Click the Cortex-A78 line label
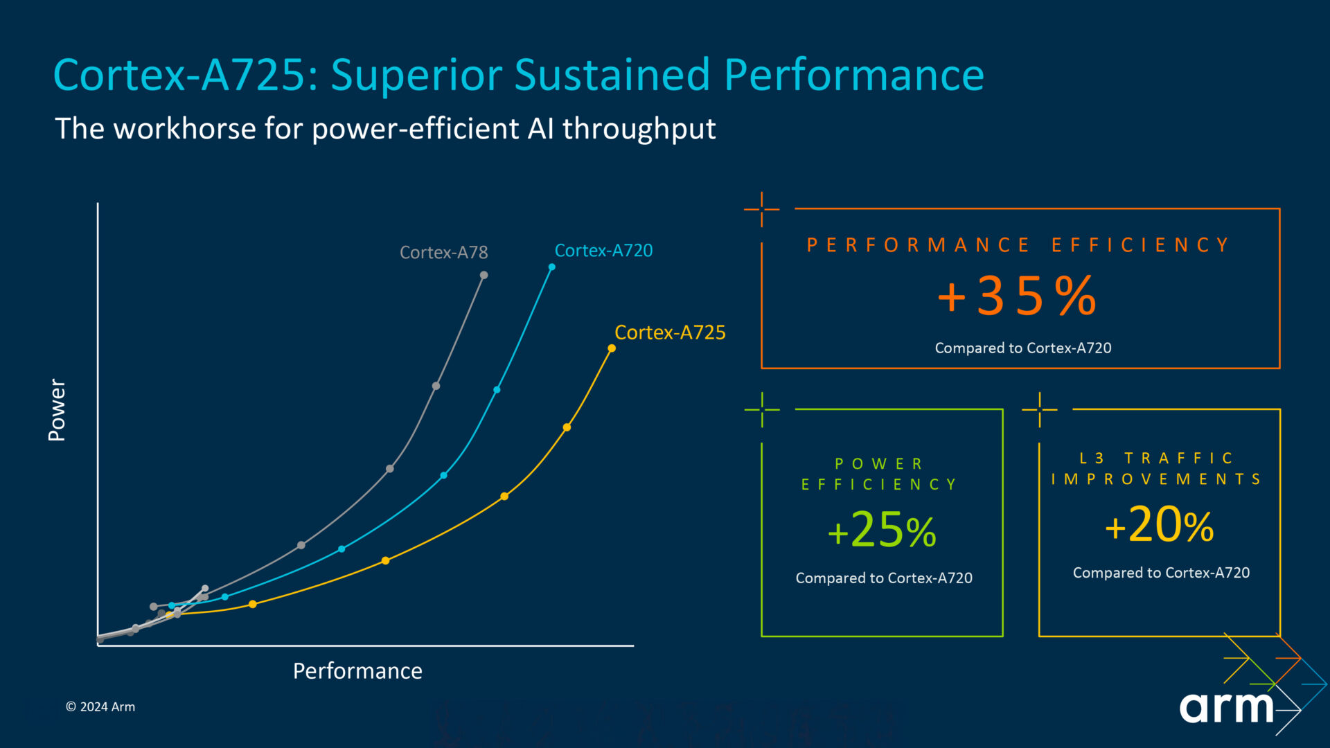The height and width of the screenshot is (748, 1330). [x=443, y=253]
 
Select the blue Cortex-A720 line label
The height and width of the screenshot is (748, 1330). [x=603, y=251]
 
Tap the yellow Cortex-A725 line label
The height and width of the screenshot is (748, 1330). [x=670, y=333]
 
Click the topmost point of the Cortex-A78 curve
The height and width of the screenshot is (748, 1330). [x=484, y=276]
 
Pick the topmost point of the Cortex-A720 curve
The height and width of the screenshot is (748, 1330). [x=552, y=267]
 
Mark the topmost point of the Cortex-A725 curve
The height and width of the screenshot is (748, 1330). [x=612, y=348]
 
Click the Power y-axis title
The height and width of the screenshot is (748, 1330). [x=57, y=409]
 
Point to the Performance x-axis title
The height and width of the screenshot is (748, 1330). [x=357, y=671]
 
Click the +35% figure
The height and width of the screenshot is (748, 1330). [x=1017, y=296]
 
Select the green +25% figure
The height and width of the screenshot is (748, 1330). [x=882, y=531]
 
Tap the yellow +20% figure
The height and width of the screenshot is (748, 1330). [x=1159, y=525]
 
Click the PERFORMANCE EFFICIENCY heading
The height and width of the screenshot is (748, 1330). [x=1018, y=245]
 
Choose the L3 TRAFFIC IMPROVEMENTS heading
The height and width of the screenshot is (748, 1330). [x=1156, y=469]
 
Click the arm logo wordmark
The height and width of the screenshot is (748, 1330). [x=1227, y=707]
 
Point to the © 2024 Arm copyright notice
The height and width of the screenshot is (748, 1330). [x=100, y=707]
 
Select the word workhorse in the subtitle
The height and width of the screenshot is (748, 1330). [x=185, y=129]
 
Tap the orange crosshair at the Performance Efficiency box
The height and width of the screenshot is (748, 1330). [x=762, y=208]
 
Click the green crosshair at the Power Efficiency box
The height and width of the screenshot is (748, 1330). [x=762, y=409]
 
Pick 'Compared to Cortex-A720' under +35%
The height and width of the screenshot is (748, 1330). [x=1022, y=348]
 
